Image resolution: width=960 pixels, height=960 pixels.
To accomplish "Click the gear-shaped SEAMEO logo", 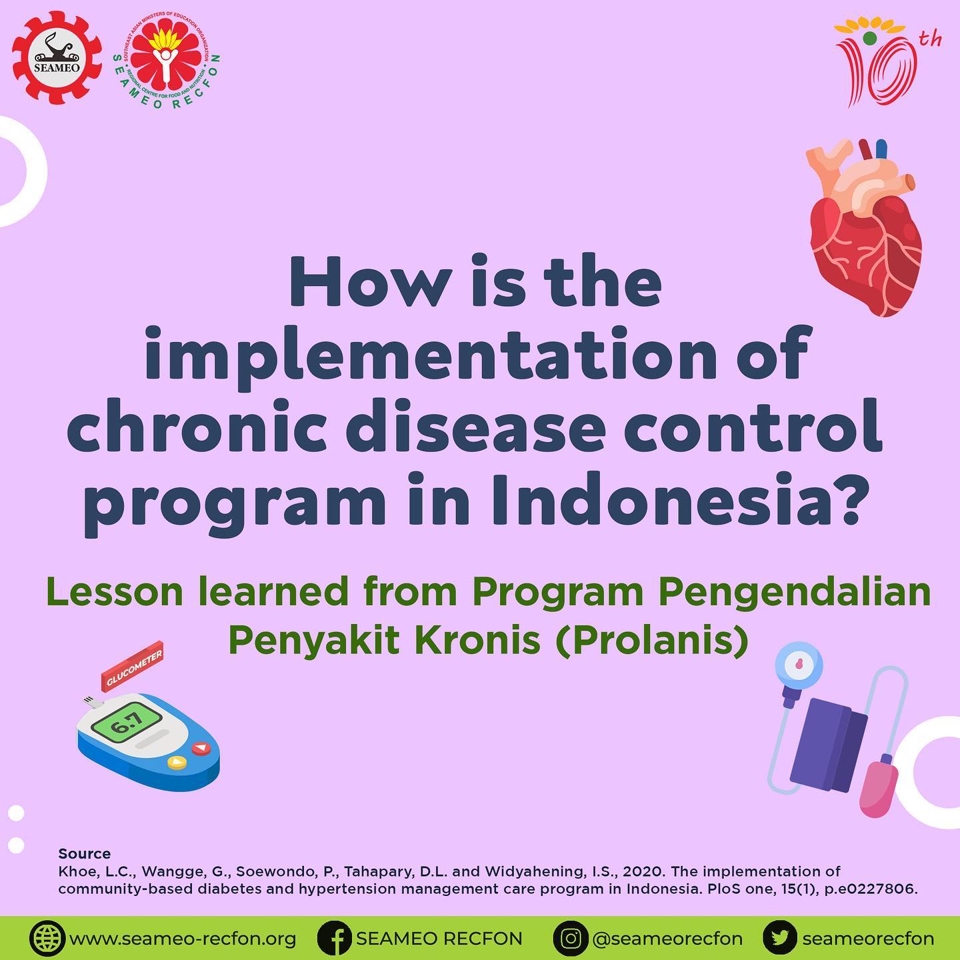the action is (57, 58).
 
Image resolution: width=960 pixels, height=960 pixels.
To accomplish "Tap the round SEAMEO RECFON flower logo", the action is (167, 59).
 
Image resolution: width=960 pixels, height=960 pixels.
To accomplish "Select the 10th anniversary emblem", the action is (886, 62).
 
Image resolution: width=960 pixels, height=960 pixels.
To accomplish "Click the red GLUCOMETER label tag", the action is (132, 667).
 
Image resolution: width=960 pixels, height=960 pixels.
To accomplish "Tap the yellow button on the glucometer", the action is (177, 762).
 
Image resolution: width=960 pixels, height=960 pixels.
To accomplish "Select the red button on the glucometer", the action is (201, 748).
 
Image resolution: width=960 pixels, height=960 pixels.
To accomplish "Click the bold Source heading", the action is (84, 853).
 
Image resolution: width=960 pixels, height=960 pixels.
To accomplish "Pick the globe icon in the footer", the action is (47, 938).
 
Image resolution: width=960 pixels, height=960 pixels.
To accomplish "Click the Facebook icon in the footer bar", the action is (334, 938).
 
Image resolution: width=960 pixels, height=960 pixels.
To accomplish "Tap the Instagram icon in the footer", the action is (571, 938).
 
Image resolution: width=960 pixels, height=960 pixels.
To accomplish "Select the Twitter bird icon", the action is (780, 938).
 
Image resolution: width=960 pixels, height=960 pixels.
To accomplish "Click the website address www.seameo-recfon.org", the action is (183, 939).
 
